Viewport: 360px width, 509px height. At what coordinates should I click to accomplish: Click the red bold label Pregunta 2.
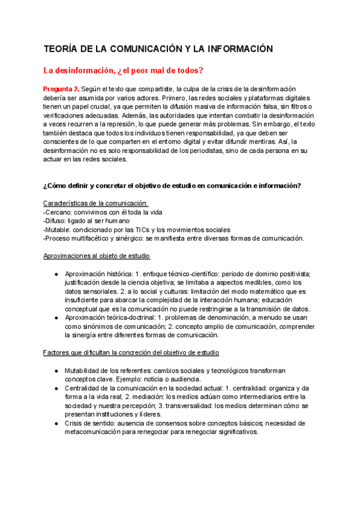click(62, 89)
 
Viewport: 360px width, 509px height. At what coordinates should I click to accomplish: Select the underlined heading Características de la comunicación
click(95, 203)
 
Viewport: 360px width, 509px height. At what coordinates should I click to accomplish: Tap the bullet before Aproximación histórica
click(56, 274)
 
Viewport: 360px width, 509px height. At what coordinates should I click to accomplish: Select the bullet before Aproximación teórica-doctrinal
click(56, 318)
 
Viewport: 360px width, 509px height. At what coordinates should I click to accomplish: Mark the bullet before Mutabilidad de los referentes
click(56, 370)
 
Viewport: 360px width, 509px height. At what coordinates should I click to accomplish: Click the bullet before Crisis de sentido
click(56, 423)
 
